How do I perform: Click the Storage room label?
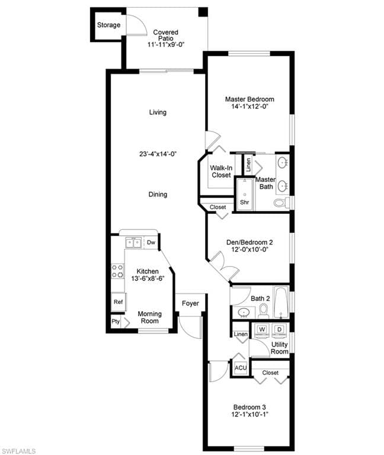pos(108,25)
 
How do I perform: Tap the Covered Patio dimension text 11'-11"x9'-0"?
pos(166,44)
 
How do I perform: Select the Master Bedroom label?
pos(249,100)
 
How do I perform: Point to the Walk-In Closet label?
pos(221,171)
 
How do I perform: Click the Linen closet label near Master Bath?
pos(248,165)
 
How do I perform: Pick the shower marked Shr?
pos(244,194)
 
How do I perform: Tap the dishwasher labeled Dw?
pos(151,242)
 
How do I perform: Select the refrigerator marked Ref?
pos(118,302)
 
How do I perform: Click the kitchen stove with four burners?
pos(117,271)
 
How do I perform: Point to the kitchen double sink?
pos(133,242)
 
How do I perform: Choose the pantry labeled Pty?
pos(116,322)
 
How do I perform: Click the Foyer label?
pos(190,303)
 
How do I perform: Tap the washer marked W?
pos(262,329)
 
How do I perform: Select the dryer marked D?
pos(280,329)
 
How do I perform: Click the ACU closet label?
pos(241,368)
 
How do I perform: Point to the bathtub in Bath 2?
pos(281,302)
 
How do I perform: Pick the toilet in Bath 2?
pos(264,310)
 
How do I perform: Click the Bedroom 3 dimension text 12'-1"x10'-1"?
pos(249,414)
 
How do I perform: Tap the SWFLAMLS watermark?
pos(18,451)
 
